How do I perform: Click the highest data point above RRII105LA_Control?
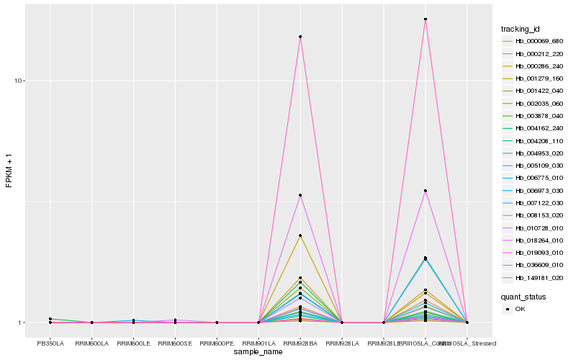[426, 19]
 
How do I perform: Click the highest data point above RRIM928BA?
[300, 37]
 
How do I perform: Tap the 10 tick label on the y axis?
[20, 81]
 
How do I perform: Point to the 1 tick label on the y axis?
[22, 323]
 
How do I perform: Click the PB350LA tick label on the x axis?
[50, 343]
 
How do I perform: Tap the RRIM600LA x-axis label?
[91, 343]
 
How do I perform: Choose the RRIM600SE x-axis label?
[175, 343]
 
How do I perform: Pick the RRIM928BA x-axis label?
[300, 343]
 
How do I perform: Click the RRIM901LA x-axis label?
[258, 343]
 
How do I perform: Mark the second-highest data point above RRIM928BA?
[300, 195]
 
